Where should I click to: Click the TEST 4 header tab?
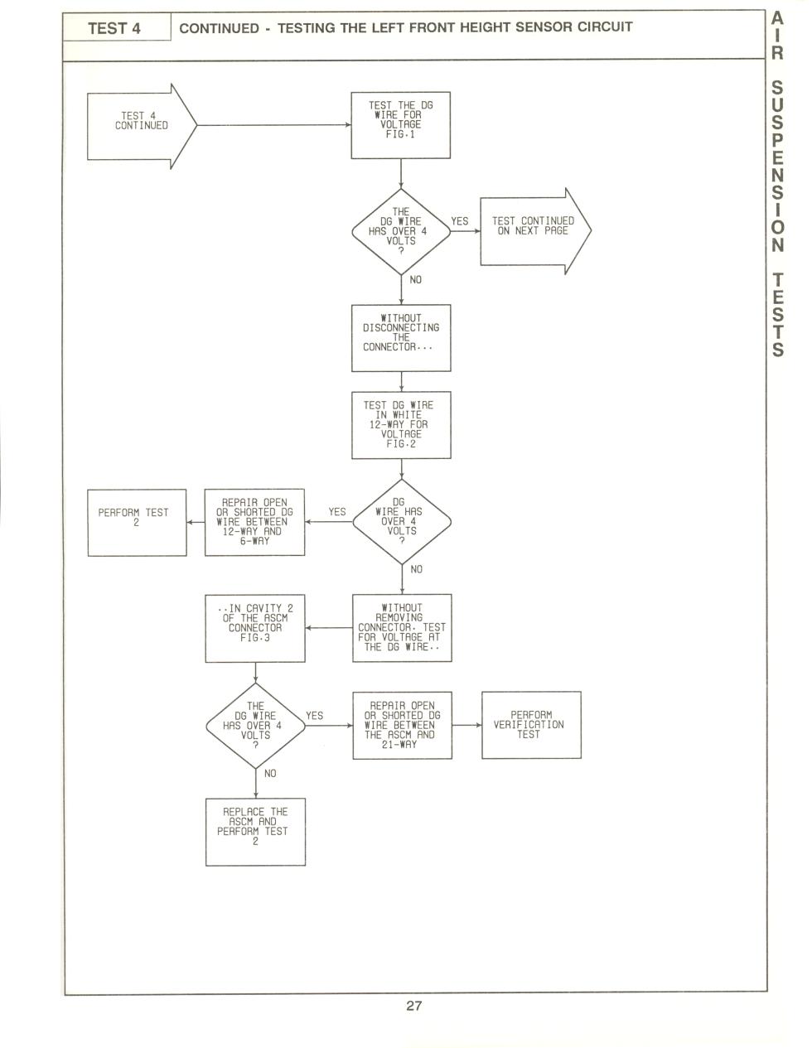[x=116, y=27]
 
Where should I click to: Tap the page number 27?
[x=413, y=1005]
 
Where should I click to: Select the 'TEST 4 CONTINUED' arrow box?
[x=142, y=127]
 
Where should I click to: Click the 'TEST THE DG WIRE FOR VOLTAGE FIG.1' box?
[x=401, y=125]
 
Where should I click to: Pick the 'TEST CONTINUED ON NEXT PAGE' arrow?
[x=535, y=231]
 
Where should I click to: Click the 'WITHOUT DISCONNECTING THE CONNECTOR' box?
[x=401, y=338]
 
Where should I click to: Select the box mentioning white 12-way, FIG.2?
[x=401, y=425]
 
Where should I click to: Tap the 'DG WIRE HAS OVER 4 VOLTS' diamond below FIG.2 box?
[x=402, y=522]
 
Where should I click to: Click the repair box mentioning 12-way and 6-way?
[x=254, y=522]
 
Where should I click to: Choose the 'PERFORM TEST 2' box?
[x=137, y=523]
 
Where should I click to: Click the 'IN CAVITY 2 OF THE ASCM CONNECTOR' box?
[x=255, y=629]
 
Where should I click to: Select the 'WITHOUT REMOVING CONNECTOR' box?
[x=402, y=628]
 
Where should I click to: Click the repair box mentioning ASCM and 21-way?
[x=402, y=726]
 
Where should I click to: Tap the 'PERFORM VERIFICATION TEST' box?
[x=531, y=725]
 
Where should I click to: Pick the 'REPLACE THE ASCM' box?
[x=255, y=832]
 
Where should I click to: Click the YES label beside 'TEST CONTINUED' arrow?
[x=460, y=221]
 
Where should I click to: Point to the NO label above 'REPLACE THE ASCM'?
[x=270, y=774]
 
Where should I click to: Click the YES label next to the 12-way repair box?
[x=337, y=512]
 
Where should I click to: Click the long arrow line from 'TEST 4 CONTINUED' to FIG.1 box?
[x=274, y=125]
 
